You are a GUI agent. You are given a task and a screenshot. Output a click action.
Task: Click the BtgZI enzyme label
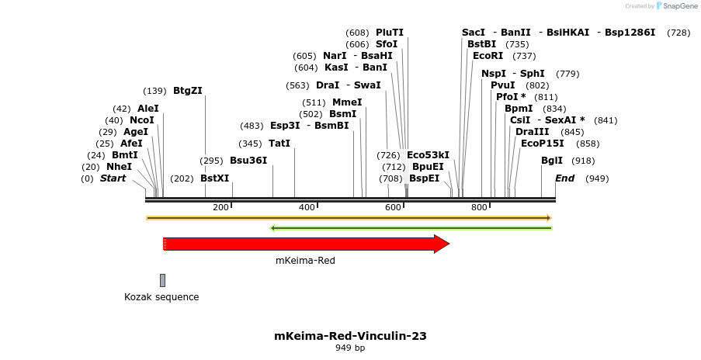[x=188, y=90]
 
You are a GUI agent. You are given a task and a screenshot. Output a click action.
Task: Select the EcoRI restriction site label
[x=488, y=56]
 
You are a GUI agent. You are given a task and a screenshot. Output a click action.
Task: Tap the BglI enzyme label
[x=552, y=161]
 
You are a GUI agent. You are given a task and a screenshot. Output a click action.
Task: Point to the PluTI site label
[x=390, y=33]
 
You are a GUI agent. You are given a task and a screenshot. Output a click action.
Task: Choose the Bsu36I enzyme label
[x=248, y=161]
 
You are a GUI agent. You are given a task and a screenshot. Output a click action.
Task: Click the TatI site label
[x=279, y=144]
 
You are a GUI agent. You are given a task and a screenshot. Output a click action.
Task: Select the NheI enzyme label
[x=119, y=167]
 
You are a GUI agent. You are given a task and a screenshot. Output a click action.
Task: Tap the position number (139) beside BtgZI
[x=155, y=91]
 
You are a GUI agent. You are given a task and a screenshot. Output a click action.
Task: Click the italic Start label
[x=113, y=178]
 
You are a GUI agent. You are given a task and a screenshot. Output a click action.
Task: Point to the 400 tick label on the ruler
[x=307, y=207]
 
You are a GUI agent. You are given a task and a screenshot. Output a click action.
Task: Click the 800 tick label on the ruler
[x=479, y=207]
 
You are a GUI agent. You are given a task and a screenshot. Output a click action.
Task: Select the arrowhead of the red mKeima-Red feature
[x=442, y=244]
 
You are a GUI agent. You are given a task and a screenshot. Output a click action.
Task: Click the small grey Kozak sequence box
[x=162, y=280]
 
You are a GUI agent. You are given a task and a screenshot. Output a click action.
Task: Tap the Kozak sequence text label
[x=161, y=297]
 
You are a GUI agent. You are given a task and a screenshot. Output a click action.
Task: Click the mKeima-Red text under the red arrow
[x=305, y=261]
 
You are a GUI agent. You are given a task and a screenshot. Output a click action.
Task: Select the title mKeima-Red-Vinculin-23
[x=350, y=336]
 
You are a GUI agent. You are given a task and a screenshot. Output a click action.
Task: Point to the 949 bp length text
[x=350, y=348]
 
